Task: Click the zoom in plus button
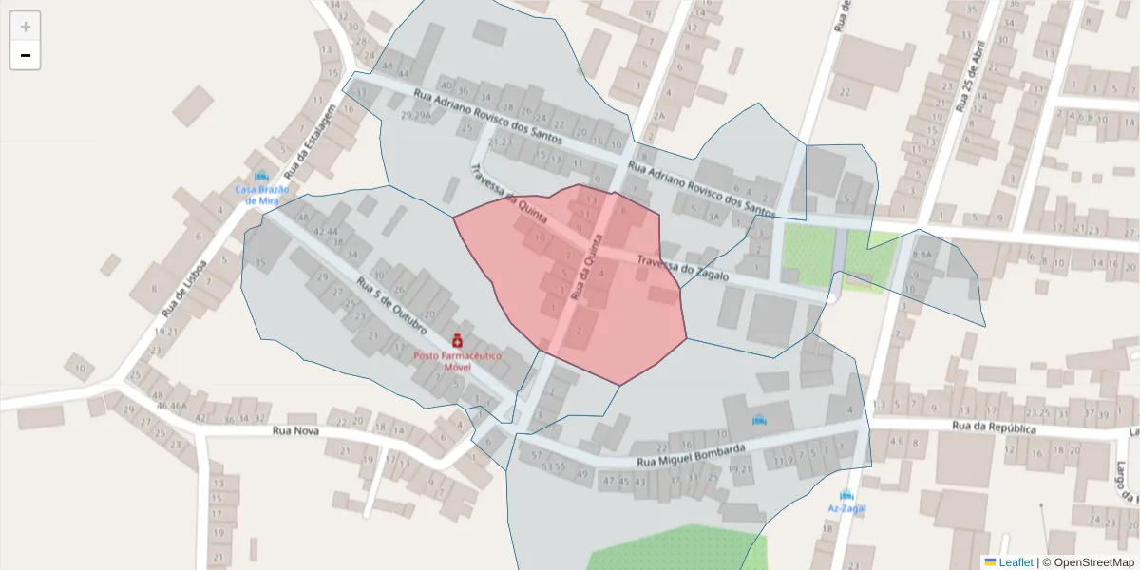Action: coord(26,27)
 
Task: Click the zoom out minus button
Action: coord(26,56)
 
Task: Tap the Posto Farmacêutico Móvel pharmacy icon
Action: coord(457,341)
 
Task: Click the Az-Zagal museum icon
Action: coord(845,495)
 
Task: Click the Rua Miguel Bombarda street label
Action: coord(699,455)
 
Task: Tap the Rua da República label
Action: coord(993,427)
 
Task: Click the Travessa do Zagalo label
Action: coord(682,268)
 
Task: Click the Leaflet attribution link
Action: coord(1015,562)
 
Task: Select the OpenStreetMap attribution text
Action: coord(1088,562)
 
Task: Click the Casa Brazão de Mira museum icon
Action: coord(261,176)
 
